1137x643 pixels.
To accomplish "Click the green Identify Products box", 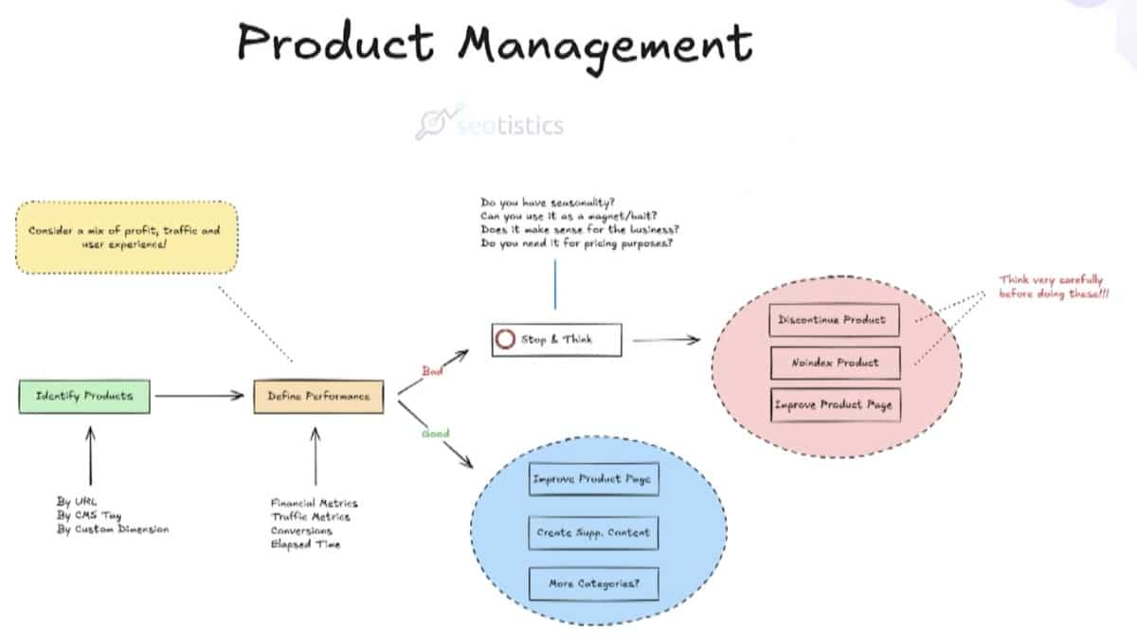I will pyautogui.click(x=84, y=396).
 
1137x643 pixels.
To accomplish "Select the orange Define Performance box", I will pyautogui.click(x=318, y=396).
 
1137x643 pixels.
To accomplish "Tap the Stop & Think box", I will pyautogui.click(x=557, y=340).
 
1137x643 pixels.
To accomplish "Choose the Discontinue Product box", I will pyautogui.click(x=831, y=320).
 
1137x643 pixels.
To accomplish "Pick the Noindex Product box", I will pyautogui.click(x=831, y=362).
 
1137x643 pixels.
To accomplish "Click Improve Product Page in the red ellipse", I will pyautogui.click(x=831, y=404).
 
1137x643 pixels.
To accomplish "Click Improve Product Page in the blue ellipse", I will pyautogui.click(x=592, y=480).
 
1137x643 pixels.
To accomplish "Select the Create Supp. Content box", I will pyautogui.click(x=592, y=532).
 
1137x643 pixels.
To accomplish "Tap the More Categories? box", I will pyautogui.click(x=592, y=584).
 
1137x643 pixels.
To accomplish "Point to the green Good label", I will pyautogui.click(x=436, y=434).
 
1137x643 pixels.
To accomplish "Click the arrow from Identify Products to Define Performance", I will pyautogui.click(x=200, y=396).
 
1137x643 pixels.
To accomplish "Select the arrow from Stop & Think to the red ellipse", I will pyautogui.click(x=666, y=340).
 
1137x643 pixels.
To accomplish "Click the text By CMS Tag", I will pyautogui.click(x=90, y=515).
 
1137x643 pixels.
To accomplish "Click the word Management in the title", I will pyautogui.click(x=605, y=44).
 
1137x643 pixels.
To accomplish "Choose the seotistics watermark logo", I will pyautogui.click(x=489, y=124).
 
